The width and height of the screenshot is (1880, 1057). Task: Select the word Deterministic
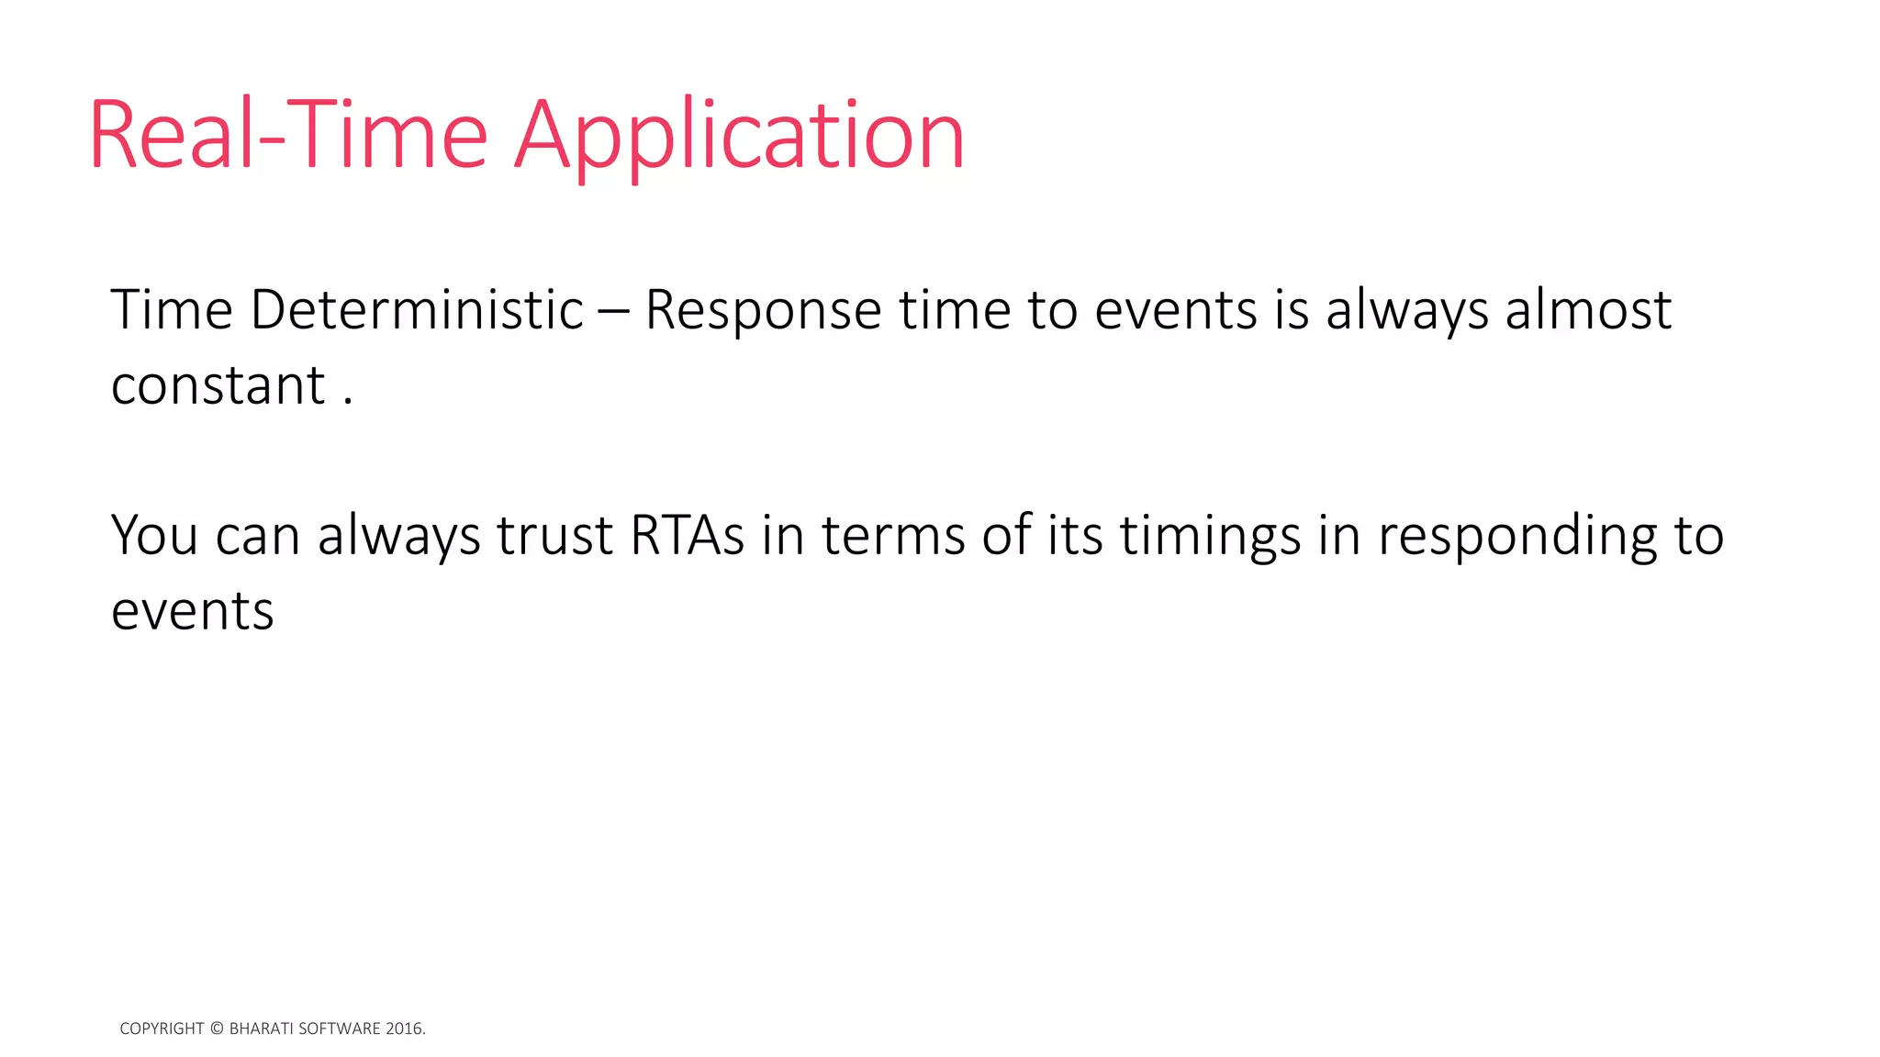pyautogui.click(x=417, y=309)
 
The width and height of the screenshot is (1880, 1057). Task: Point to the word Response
pyautogui.click(x=763, y=311)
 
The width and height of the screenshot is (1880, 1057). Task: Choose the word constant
pyautogui.click(x=218, y=384)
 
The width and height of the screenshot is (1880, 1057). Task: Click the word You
pyautogui.click(x=154, y=535)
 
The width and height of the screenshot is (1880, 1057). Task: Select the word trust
pyautogui.click(x=554, y=535)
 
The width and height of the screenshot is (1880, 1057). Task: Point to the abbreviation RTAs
pyautogui.click(x=687, y=535)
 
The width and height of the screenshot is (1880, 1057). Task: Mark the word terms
pyautogui.click(x=893, y=535)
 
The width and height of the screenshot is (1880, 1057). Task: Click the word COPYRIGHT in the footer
pyautogui.click(x=162, y=1029)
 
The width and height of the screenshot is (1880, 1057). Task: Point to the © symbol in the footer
pyautogui.click(x=217, y=1029)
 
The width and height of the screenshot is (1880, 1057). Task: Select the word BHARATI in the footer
pyautogui.click(x=261, y=1029)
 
